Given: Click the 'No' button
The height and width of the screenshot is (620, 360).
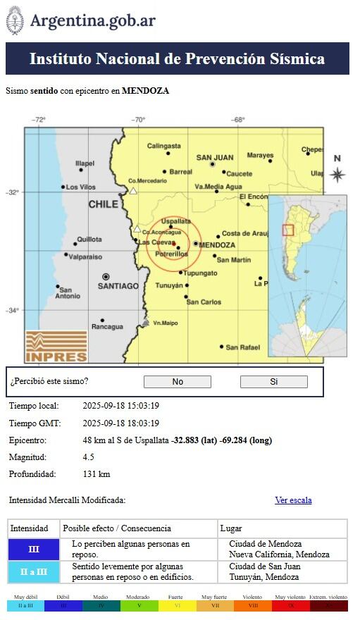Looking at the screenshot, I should (x=177, y=382).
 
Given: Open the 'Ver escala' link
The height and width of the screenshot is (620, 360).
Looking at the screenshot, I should (x=293, y=500).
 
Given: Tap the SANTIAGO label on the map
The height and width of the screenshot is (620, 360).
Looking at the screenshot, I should (x=118, y=286).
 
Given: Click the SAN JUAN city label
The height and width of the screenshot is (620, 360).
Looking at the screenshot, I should (x=215, y=158).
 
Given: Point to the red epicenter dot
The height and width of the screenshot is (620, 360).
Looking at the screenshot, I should (x=173, y=244).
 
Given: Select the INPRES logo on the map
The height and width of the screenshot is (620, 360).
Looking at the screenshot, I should (x=56, y=346).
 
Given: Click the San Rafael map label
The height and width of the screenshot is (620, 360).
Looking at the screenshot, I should (x=243, y=347).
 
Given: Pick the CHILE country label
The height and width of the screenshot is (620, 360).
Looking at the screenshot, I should (x=104, y=204).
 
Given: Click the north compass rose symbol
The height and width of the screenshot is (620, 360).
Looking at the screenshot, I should (x=337, y=174).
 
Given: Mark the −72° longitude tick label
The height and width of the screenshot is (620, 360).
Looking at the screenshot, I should (x=39, y=120).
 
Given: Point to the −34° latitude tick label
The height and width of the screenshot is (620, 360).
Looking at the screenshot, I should (x=13, y=311).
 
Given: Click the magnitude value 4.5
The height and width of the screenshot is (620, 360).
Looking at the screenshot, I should (x=89, y=457).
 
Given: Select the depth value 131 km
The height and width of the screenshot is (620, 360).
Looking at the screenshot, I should (x=97, y=474).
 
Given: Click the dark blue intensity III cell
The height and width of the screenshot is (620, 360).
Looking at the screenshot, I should (x=34, y=550).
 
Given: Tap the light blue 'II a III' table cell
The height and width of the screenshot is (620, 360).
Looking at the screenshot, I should (x=34, y=571).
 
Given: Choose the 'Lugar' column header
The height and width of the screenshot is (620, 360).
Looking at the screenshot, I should (x=231, y=528).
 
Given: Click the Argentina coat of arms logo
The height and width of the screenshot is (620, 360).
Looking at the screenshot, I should (x=15, y=20).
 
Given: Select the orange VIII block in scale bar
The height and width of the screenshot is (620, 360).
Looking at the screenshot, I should (x=252, y=606).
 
